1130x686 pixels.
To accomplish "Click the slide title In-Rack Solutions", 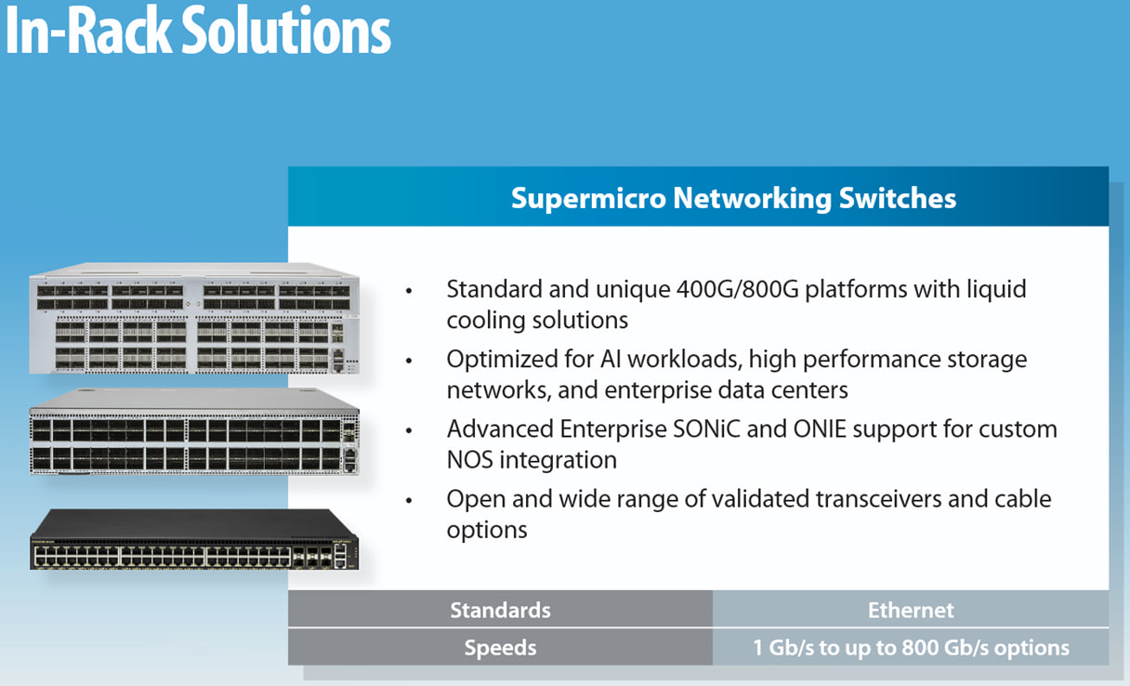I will [x=198, y=32].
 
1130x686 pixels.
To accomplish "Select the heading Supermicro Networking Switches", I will [x=733, y=198].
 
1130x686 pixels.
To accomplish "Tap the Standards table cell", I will [x=500, y=610].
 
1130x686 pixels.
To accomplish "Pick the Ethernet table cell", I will [x=911, y=610].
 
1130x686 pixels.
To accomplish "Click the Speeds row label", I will [x=500, y=647].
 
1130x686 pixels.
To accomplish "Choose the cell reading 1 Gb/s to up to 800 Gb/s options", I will [x=911, y=647].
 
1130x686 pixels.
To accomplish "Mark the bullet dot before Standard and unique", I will [x=408, y=292].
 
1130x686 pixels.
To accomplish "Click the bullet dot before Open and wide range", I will [x=408, y=501].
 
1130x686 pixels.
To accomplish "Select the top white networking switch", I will [x=194, y=321].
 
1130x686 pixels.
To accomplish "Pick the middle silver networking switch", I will [x=194, y=433].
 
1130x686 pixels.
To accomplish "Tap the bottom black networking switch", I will [x=194, y=540].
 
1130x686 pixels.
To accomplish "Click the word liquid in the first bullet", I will [x=993, y=289].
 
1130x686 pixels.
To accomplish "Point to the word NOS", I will [x=471, y=460].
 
